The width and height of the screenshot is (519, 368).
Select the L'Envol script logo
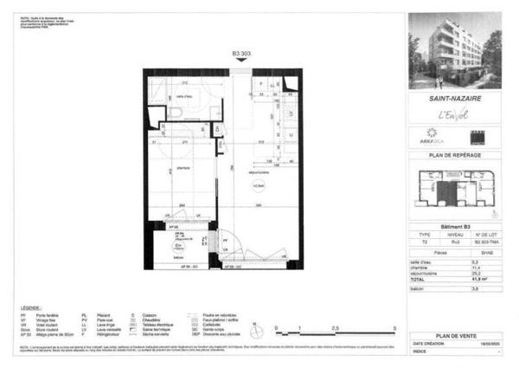coord(455,115)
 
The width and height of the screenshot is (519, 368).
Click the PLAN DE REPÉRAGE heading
coord(455,155)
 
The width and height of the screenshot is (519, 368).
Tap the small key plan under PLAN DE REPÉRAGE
coord(455,189)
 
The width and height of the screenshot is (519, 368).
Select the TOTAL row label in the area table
coord(419,280)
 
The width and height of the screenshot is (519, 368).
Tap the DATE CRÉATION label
coord(426,344)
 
